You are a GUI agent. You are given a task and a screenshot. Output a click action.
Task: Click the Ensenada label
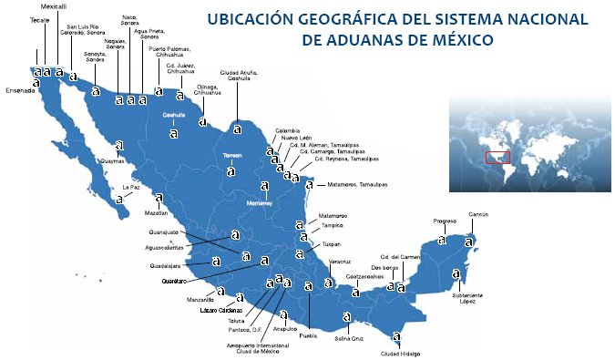(x=20, y=90)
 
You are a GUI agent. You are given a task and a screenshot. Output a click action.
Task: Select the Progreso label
(x=445, y=221)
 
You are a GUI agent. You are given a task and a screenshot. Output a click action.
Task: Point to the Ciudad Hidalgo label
(x=402, y=354)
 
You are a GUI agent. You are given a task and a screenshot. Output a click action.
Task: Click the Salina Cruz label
(x=350, y=338)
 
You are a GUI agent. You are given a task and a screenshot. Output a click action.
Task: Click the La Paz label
(x=131, y=188)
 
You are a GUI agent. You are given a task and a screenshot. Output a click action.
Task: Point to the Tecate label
(x=39, y=18)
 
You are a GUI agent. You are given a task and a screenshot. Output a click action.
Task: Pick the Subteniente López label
(x=465, y=298)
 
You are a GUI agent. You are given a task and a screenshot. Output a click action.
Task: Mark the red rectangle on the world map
(x=497, y=157)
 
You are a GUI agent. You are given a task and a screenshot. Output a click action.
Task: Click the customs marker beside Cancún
(x=469, y=242)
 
